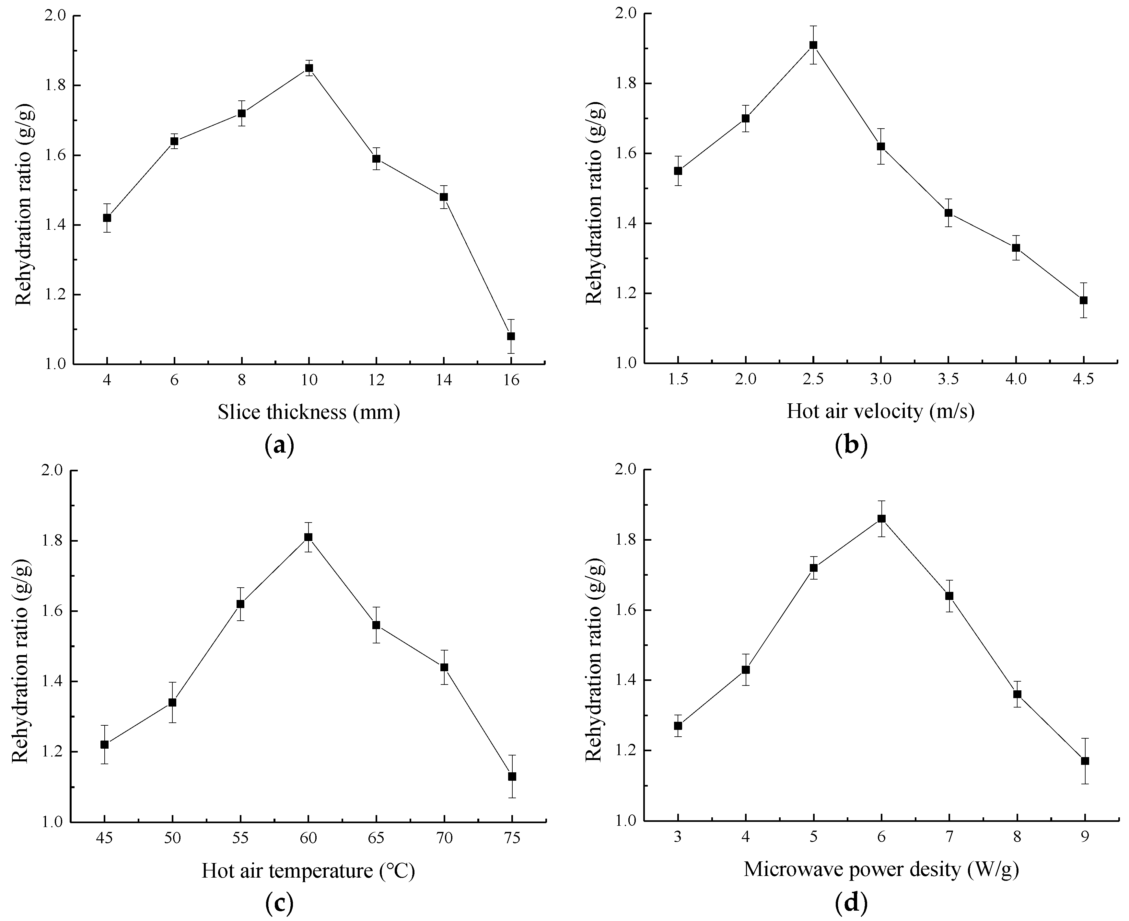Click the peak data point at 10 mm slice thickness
pyautogui.click(x=309, y=68)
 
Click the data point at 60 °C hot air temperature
pyautogui.click(x=308, y=537)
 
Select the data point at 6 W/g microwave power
pyautogui.click(x=881, y=518)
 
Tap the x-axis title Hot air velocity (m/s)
pyautogui.click(x=880, y=411)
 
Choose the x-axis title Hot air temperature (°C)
pyautogui.click(x=308, y=870)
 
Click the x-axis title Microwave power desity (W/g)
pyautogui.click(x=881, y=869)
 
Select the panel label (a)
pyautogui.click(x=279, y=444)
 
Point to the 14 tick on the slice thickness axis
pyautogui.click(x=444, y=380)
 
